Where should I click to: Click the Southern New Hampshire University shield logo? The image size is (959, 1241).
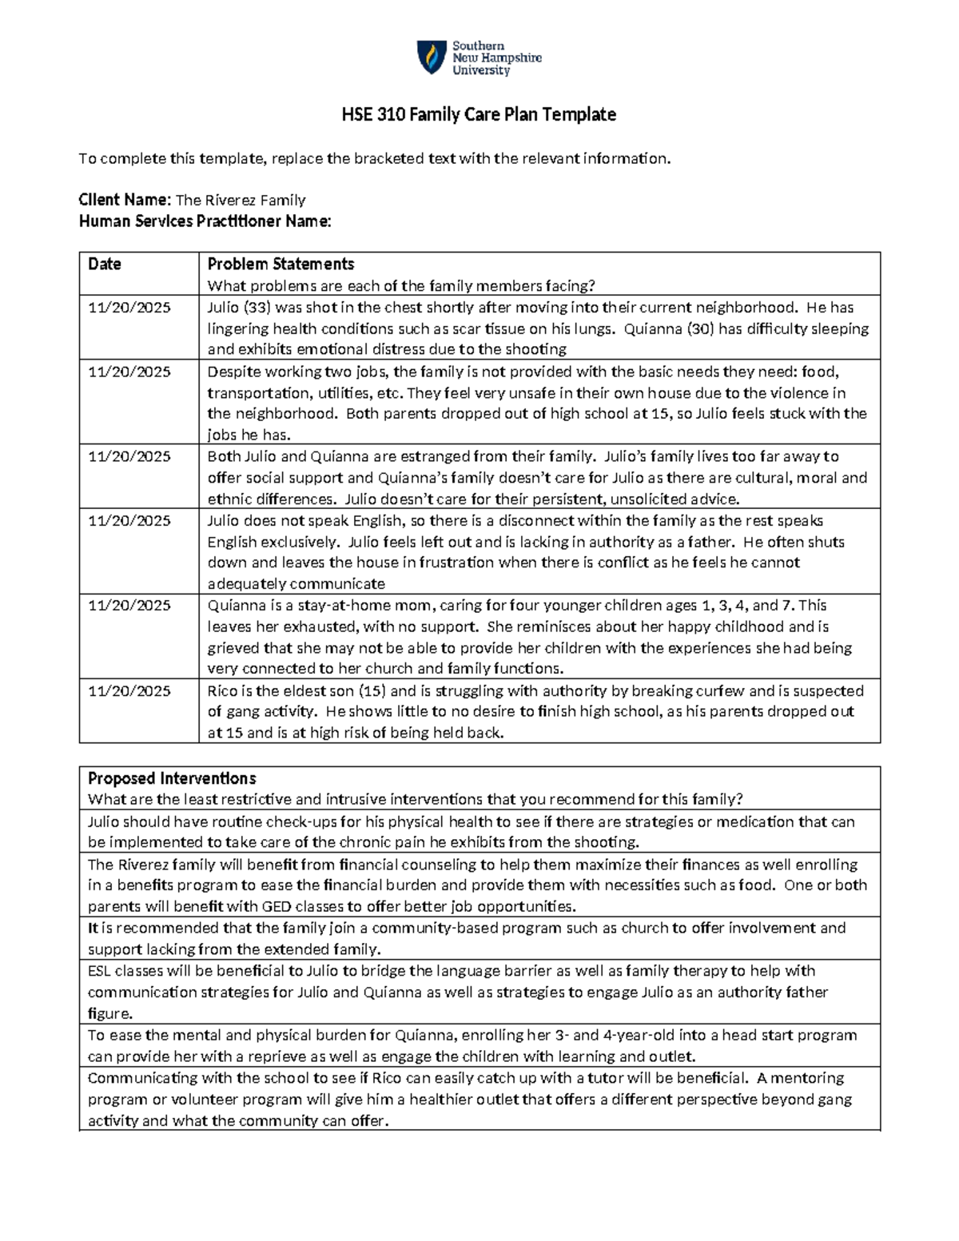(x=432, y=58)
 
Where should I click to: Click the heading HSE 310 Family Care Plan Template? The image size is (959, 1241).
(x=479, y=115)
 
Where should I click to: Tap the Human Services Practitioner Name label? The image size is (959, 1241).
(x=205, y=221)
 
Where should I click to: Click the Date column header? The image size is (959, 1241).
(x=105, y=264)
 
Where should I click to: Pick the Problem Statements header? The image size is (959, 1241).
(x=281, y=264)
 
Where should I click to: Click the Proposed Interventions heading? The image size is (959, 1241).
(x=172, y=778)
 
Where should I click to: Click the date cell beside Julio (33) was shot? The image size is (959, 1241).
(x=129, y=308)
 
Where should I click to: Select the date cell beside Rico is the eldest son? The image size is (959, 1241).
(x=129, y=691)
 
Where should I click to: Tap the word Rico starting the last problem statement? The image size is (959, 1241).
(x=222, y=691)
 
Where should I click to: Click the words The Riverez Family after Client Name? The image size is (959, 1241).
(x=241, y=201)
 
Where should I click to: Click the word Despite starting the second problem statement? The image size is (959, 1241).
(x=233, y=372)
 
